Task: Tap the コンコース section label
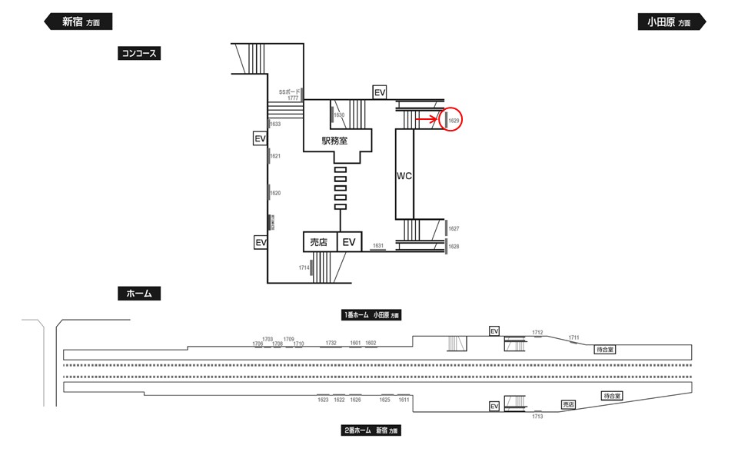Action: [139, 53]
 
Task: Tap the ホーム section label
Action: [138, 293]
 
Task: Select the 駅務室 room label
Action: [334, 141]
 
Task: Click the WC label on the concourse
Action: [404, 176]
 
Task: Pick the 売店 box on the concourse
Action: [318, 242]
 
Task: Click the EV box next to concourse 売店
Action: [350, 242]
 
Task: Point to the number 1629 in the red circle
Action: [454, 121]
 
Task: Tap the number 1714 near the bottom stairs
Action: [304, 267]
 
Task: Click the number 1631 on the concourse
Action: [377, 245]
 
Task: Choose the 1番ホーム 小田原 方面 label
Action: [372, 314]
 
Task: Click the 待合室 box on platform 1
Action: [606, 349]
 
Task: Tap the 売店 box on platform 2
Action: [569, 404]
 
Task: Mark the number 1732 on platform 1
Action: [331, 343]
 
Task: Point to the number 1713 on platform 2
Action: [537, 416]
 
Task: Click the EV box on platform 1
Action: [494, 330]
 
